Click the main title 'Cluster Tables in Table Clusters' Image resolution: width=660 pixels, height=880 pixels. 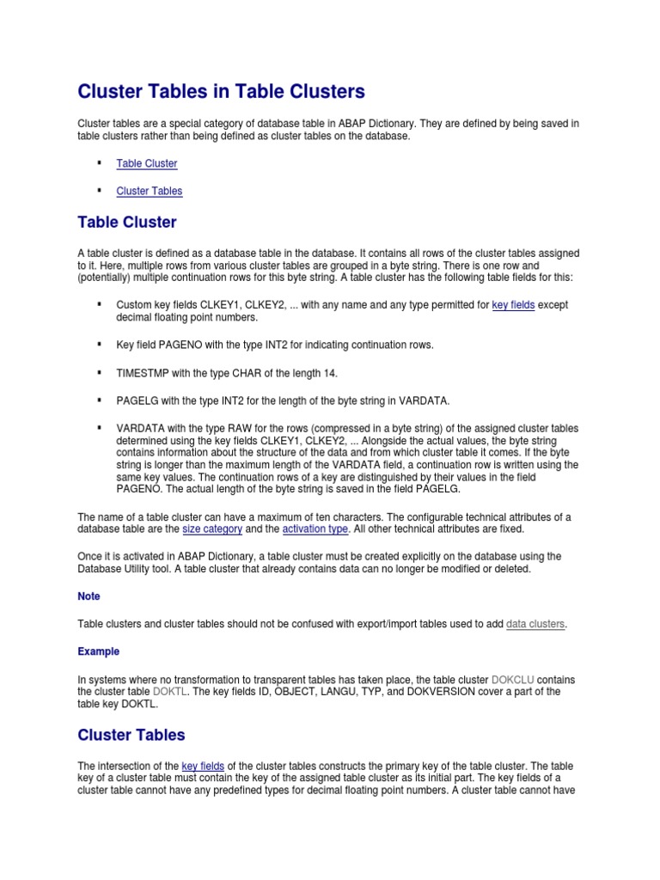(x=221, y=91)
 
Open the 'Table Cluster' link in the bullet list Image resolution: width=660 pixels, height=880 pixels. (x=147, y=163)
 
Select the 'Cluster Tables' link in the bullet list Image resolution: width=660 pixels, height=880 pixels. (x=150, y=191)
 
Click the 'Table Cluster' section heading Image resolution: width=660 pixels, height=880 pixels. (x=127, y=223)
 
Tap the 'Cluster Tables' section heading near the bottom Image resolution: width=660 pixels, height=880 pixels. (x=131, y=735)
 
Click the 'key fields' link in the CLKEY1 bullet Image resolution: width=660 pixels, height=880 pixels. (x=513, y=305)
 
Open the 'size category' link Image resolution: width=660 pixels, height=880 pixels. (x=213, y=529)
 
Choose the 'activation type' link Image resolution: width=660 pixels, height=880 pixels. (x=315, y=529)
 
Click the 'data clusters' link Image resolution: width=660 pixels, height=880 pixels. (x=535, y=624)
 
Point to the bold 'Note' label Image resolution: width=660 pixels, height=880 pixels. (x=89, y=596)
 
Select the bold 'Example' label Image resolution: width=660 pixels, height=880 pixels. (x=98, y=651)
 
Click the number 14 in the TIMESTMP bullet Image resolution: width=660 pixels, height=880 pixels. (x=332, y=372)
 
